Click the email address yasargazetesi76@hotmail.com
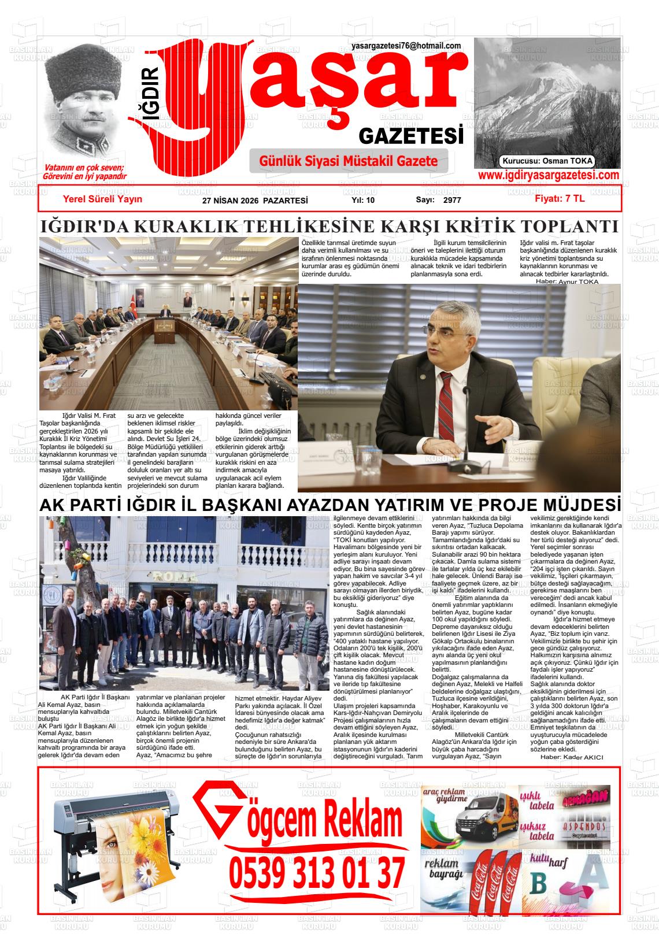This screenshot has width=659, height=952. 406,46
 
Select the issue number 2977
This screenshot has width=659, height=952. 452,201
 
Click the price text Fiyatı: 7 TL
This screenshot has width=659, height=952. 560,199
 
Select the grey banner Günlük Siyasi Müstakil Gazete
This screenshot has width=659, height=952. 349,161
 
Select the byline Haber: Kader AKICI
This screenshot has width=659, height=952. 571,757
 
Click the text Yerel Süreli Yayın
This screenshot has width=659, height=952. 102,199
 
